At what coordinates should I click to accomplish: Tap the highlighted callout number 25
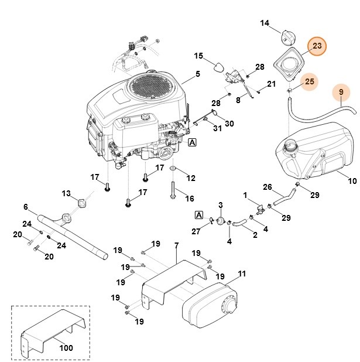310,81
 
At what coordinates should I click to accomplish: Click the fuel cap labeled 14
287,37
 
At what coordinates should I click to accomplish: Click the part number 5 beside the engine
197,74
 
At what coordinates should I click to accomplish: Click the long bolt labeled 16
174,193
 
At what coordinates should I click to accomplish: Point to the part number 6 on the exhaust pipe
26,206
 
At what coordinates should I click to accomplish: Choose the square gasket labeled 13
81,203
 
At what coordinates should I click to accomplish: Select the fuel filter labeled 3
221,220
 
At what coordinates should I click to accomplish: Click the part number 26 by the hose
268,187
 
